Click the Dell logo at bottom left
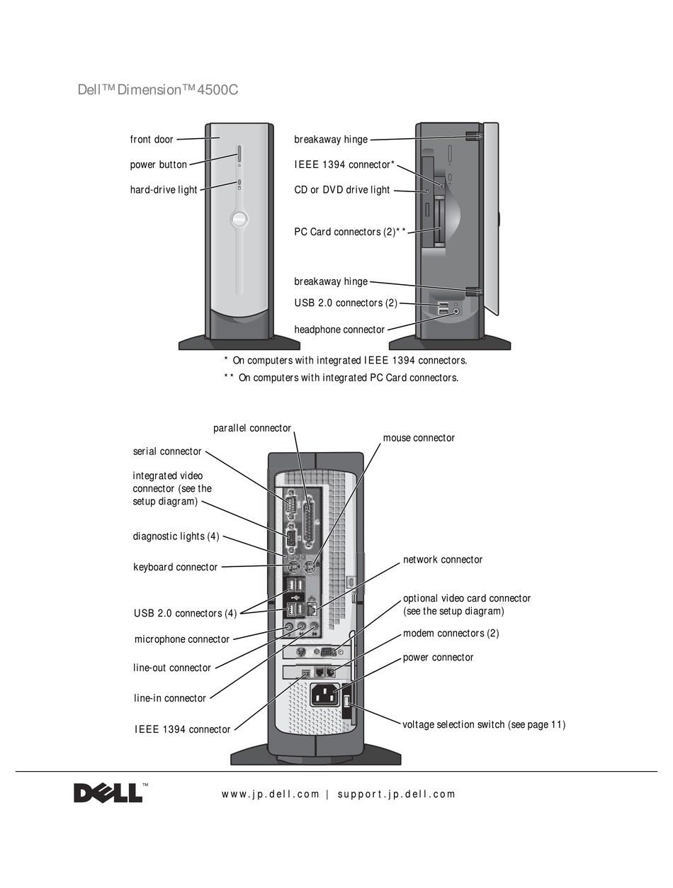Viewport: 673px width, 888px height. tap(108, 792)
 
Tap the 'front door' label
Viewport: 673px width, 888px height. tap(151, 140)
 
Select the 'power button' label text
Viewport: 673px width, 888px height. tap(158, 165)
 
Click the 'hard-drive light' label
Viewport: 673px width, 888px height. tap(163, 190)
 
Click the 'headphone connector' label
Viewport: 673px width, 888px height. tap(339, 330)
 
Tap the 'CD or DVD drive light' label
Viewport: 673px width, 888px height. tap(341, 190)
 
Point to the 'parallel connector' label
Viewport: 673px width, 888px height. tap(251, 428)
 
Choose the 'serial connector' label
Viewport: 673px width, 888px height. tap(166, 451)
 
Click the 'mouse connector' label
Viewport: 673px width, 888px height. tap(419, 438)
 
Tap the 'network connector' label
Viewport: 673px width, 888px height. tap(442, 560)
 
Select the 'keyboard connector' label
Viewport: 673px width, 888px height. tap(175, 567)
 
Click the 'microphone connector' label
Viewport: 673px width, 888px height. tap(181, 639)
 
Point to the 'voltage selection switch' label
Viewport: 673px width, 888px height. tap(483, 724)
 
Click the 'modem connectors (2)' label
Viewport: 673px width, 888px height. tap(451, 633)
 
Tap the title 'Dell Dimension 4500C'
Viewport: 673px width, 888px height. tap(157, 91)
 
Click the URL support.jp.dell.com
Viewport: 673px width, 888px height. tap(396, 794)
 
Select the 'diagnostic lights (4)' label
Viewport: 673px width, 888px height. tap(176, 536)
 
